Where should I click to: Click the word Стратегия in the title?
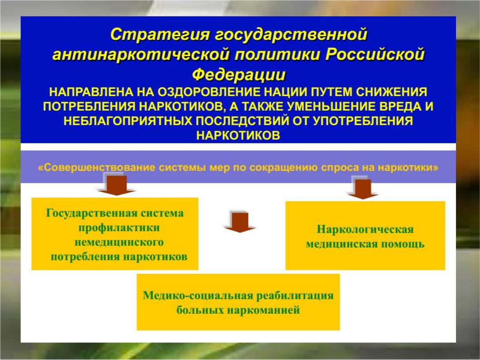[160, 34]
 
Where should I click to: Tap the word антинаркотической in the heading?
[141, 55]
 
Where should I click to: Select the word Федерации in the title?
[239, 75]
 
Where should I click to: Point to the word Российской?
[375, 55]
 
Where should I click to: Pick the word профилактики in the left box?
[119, 228]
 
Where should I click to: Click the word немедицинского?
[119, 242]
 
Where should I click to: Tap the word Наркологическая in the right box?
[365, 229]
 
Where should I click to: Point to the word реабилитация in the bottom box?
[294, 296]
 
